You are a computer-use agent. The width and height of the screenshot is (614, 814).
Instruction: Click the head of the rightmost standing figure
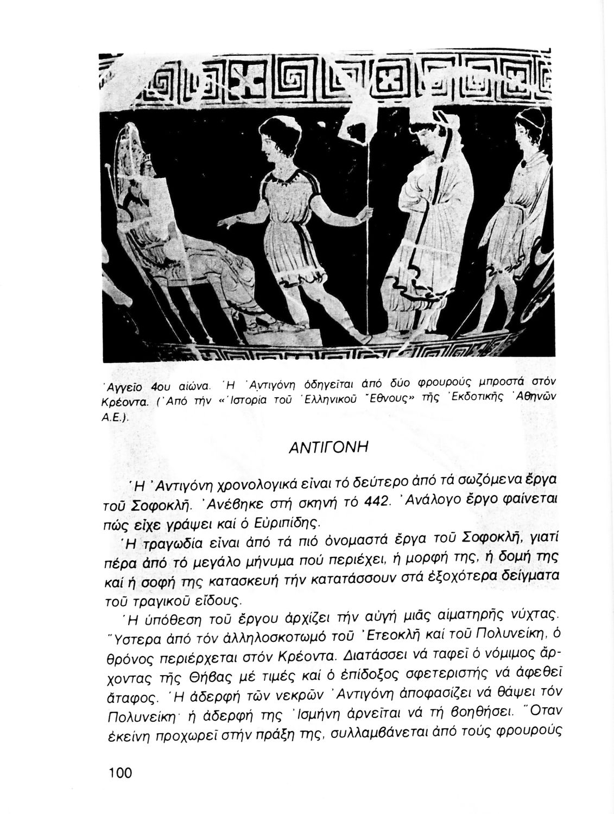pos(529,128)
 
